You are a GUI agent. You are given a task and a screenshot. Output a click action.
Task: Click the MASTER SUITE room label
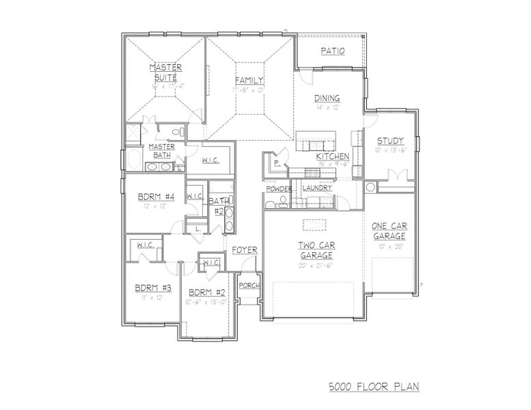165,72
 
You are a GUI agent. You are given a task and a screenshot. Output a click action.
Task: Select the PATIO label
332,51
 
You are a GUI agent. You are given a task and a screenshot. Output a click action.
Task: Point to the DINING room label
327,98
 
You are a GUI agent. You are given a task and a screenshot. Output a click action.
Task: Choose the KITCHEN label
333,156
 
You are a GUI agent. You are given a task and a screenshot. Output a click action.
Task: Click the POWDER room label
279,189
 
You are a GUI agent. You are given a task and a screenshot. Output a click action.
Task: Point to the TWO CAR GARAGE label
316,250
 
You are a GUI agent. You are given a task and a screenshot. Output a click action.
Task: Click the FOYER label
244,250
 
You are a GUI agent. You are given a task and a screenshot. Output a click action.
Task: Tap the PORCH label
249,285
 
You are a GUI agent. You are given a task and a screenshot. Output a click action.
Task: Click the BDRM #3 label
148,288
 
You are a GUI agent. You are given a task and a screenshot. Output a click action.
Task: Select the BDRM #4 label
156,197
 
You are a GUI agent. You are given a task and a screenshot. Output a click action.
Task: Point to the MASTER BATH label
162,150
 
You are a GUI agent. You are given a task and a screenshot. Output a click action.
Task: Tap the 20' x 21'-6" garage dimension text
315,266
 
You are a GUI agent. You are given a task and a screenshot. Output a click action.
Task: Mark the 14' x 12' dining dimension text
327,107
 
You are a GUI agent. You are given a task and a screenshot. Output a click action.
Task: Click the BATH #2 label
219,206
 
